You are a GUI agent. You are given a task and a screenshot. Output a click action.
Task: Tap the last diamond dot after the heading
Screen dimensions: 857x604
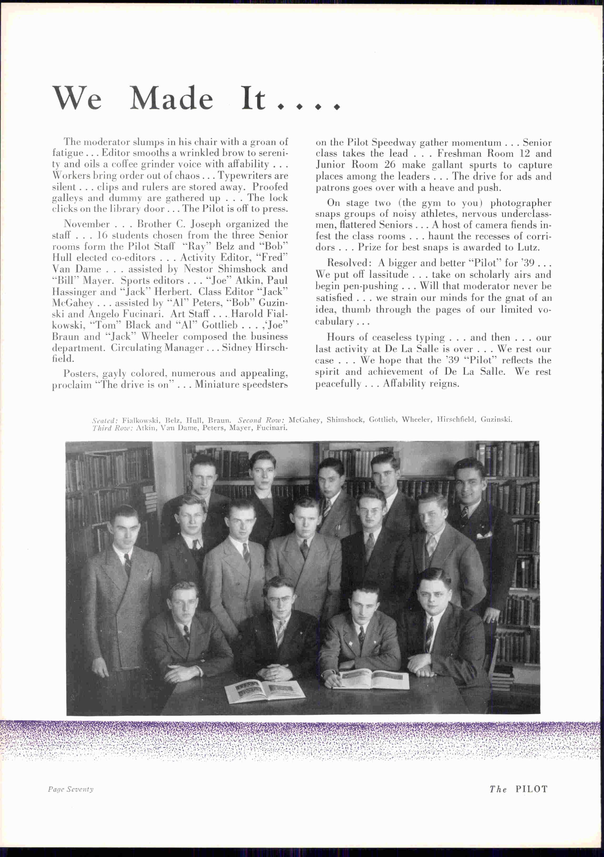point(337,107)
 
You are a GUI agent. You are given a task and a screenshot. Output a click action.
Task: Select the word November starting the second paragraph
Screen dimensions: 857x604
point(87,224)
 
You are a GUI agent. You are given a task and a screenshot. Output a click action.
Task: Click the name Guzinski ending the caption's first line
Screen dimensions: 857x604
point(496,419)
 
